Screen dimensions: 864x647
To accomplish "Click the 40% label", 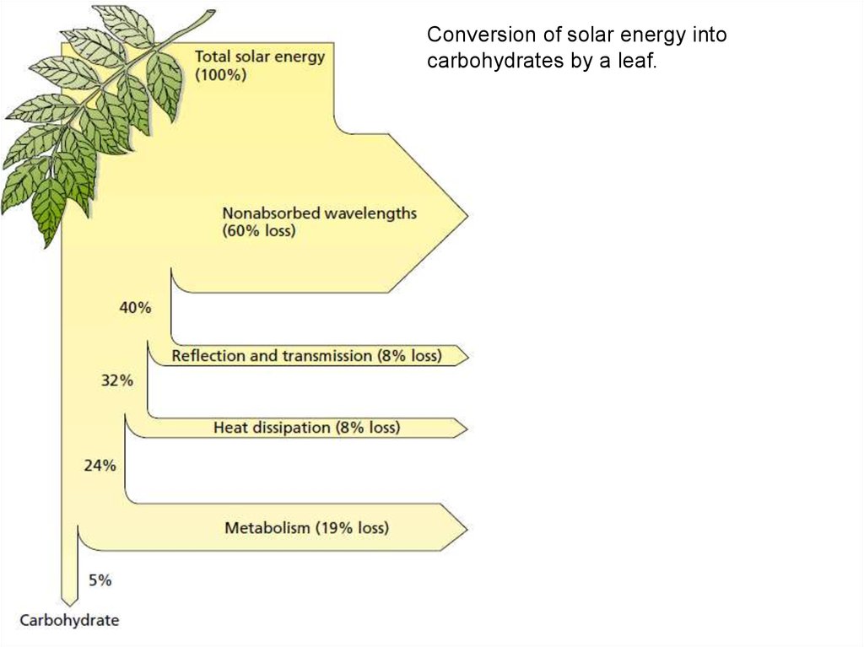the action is pos(135,308).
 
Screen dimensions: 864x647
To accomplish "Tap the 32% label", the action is pos(116,380).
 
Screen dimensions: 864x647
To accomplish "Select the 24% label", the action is pos(100,466).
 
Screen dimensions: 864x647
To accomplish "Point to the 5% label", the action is pos(100,580).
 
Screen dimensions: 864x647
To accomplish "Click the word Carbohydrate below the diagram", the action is pos(69,620).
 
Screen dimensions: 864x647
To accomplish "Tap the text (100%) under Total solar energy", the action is pos(220,75).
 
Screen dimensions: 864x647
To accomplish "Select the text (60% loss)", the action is pos(259,230).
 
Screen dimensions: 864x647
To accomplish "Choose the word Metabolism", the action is pos(267,527).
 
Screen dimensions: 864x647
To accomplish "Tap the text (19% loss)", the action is pos(352,527).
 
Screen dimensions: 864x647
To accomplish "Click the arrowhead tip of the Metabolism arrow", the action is pos(467,529).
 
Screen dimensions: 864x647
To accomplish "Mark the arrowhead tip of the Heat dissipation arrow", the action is pos(467,429).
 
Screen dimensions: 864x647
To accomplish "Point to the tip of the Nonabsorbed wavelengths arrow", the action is pos(467,215).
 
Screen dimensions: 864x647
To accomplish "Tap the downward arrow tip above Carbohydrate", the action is pos(69,605).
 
